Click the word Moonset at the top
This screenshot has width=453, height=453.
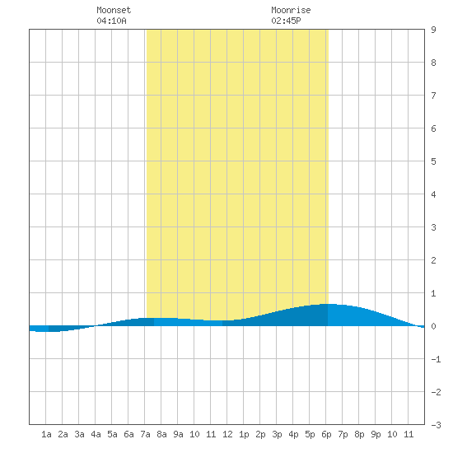click(x=114, y=10)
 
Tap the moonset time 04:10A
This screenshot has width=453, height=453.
click(x=111, y=21)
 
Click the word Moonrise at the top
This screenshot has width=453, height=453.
click(x=291, y=10)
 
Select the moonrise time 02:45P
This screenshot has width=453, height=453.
click(x=286, y=21)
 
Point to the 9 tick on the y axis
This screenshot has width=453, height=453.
click(x=433, y=30)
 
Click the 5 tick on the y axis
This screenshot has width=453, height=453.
click(x=433, y=161)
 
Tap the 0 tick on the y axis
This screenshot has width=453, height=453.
click(x=433, y=326)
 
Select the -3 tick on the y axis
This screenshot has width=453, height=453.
click(x=436, y=425)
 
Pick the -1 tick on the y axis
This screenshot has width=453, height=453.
click(x=436, y=359)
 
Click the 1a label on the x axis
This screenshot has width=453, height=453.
click(x=46, y=434)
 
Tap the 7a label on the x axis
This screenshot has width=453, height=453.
click(x=145, y=434)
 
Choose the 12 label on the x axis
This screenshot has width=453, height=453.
click(x=227, y=434)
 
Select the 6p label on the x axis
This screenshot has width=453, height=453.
click(x=326, y=434)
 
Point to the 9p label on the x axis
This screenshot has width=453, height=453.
click(x=376, y=434)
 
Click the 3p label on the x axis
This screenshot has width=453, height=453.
click(x=277, y=434)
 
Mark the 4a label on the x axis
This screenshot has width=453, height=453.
click(x=96, y=434)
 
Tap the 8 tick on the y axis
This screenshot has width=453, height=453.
click(x=433, y=63)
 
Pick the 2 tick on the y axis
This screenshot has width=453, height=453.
click(x=433, y=260)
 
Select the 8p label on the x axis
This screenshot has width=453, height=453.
click(x=359, y=434)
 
